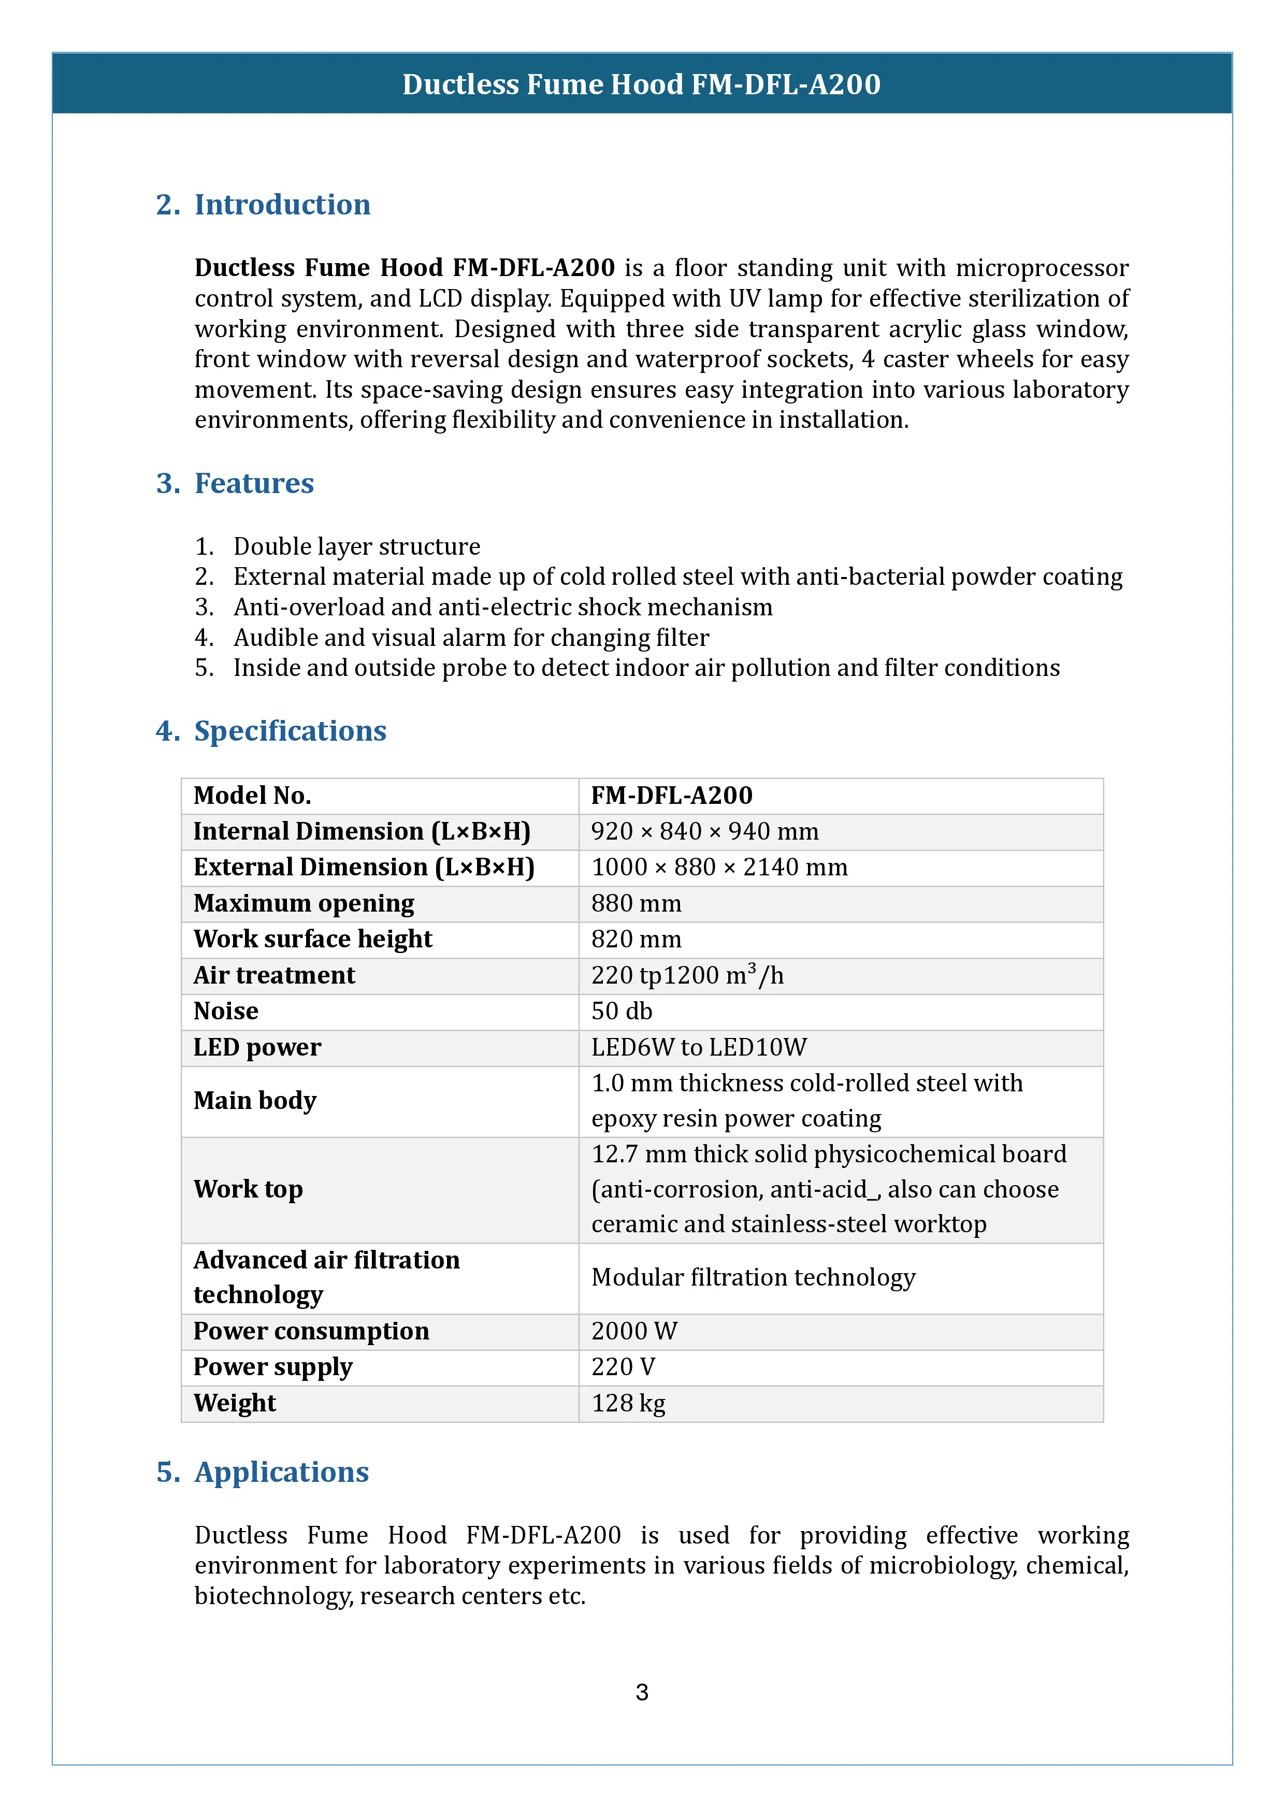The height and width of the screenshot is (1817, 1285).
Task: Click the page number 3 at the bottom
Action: click(642, 1692)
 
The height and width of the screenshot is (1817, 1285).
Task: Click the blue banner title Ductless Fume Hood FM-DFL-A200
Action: click(642, 84)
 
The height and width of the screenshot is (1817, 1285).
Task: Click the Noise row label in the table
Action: click(226, 1012)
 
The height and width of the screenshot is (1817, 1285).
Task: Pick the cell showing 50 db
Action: click(622, 1012)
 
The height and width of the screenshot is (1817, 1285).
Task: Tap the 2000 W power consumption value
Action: click(634, 1331)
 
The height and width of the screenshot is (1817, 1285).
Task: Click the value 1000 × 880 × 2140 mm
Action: click(719, 868)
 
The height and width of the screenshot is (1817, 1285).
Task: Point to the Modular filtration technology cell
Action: click(753, 1277)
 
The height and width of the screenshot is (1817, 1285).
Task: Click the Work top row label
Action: click(249, 1189)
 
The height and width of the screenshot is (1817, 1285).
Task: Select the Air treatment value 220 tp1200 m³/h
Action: click(687, 975)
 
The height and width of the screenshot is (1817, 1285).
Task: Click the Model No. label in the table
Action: click(252, 796)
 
